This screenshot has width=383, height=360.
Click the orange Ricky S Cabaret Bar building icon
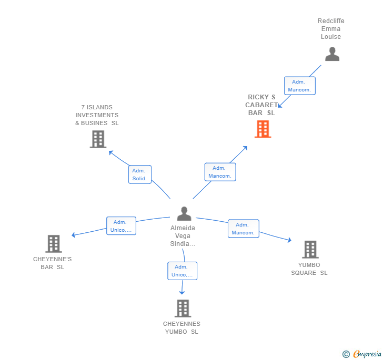(x=263, y=129)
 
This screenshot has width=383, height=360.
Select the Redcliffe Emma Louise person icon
(x=332, y=54)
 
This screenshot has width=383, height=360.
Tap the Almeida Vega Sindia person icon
(x=184, y=213)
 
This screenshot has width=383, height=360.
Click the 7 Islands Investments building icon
(x=98, y=139)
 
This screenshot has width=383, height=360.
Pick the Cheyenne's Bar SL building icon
(x=54, y=243)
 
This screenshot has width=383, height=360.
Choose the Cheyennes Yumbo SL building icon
(x=183, y=308)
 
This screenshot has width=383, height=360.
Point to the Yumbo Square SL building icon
(x=310, y=250)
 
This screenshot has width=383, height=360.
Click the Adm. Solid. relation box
(x=140, y=174)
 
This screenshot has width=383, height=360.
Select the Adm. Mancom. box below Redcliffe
(x=300, y=86)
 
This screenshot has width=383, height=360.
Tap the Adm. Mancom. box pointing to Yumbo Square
(x=244, y=229)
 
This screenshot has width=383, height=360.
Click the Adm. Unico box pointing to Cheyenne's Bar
(x=121, y=226)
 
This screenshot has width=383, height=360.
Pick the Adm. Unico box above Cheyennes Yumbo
(x=182, y=271)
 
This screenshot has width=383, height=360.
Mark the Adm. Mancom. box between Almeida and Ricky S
(x=220, y=172)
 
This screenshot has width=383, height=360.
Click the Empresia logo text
(x=367, y=354)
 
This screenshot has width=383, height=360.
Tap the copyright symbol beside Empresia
(x=346, y=354)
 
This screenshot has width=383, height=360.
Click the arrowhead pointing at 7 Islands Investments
(x=111, y=152)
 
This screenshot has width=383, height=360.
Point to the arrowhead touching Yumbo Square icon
(x=289, y=240)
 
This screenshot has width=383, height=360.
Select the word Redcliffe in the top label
(x=331, y=20)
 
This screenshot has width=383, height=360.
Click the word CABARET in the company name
(x=261, y=105)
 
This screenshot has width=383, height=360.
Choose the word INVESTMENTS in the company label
(x=97, y=115)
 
